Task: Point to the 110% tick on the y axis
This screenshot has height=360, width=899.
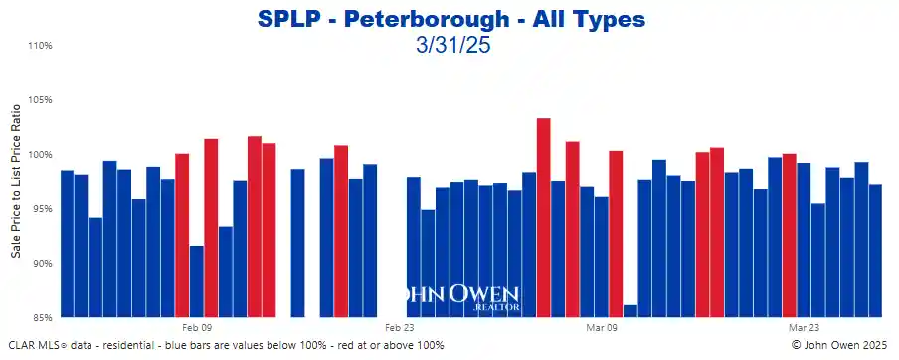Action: click(39, 46)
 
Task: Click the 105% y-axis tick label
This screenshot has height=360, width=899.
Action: click(39, 100)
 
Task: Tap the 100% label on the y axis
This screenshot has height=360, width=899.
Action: click(39, 155)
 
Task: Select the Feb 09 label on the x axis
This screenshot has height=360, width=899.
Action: click(196, 327)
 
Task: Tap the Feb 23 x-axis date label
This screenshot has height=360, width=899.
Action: click(399, 327)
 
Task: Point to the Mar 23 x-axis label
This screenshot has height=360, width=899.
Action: click(804, 327)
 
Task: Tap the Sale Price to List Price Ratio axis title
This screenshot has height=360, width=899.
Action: click(16, 182)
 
